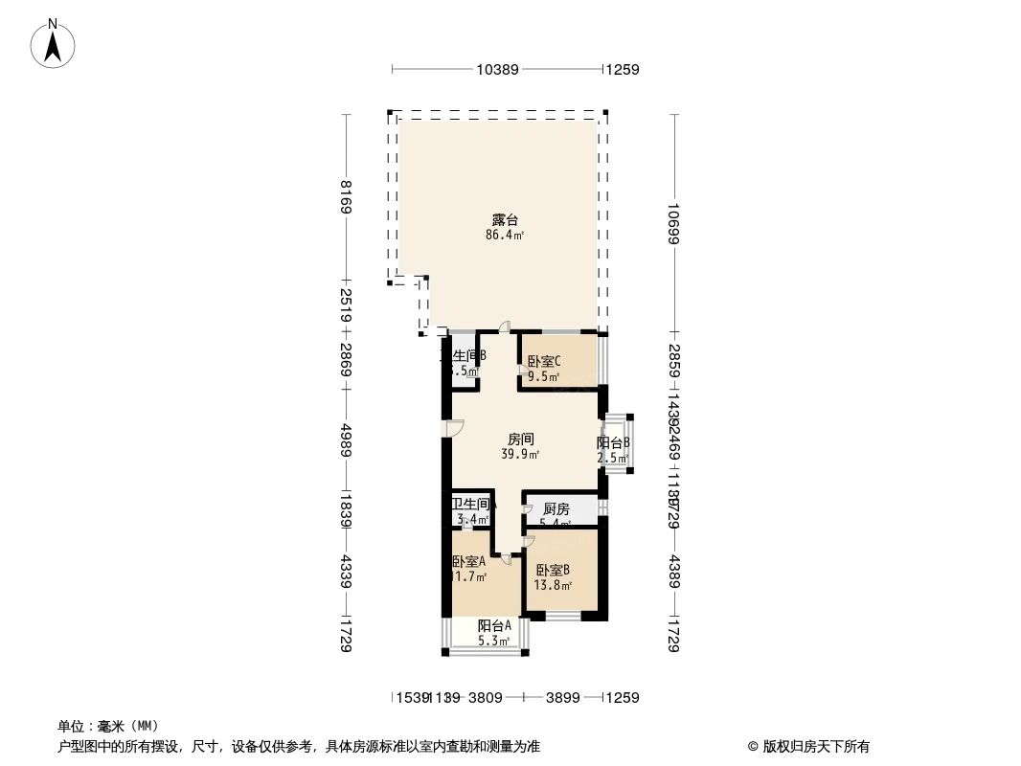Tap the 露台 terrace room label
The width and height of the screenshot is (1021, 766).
point(505,220)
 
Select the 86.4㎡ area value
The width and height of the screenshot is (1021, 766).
point(505,235)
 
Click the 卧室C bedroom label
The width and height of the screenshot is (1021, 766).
point(544,362)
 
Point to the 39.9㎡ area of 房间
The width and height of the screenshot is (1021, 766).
point(520,455)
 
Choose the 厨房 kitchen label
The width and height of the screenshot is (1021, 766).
point(556,509)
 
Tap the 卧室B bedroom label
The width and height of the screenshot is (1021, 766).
point(553,570)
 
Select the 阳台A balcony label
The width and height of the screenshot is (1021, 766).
point(494,626)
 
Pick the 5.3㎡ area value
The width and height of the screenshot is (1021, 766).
point(494,641)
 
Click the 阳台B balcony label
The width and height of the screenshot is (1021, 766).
point(613,443)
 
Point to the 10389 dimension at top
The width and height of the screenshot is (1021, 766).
point(497,69)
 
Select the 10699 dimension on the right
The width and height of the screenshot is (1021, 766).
point(674,224)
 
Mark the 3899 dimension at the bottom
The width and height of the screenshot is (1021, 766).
point(562,698)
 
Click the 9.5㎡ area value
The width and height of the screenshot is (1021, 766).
point(543,376)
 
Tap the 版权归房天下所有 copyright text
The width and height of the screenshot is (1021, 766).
point(808,746)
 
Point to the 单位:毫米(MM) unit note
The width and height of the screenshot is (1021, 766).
point(108,726)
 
